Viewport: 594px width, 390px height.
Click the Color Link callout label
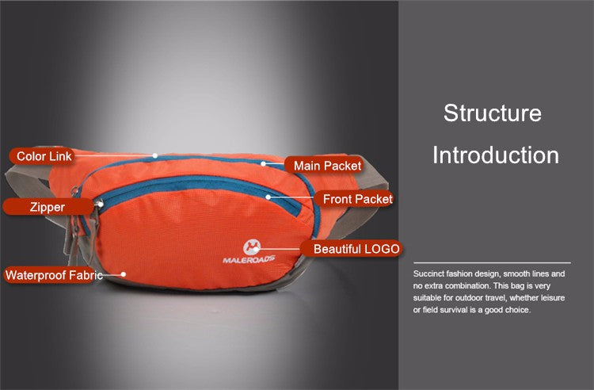(44, 156)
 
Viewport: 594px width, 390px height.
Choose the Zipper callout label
(48, 207)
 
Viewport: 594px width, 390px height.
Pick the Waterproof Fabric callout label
(54, 275)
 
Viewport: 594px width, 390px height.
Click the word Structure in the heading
(493, 113)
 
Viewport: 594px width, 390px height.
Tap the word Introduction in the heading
(496, 155)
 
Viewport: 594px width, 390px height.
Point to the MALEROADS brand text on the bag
(249, 259)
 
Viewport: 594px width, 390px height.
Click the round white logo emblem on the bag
(251, 247)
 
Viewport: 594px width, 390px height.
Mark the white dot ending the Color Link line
(155, 155)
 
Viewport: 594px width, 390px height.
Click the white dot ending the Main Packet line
(263, 164)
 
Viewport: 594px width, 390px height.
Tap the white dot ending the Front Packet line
(268, 197)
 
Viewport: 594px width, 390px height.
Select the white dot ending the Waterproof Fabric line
(123, 274)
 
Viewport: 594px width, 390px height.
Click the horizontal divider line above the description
(492, 262)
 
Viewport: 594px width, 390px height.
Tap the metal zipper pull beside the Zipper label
(99, 204)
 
